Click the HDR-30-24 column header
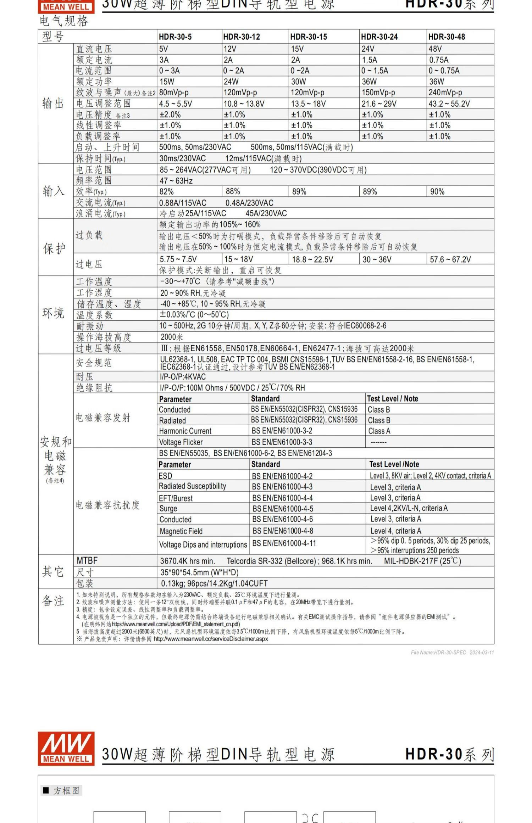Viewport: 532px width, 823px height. tap(379, 37)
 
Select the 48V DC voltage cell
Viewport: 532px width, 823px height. tap(435, 49)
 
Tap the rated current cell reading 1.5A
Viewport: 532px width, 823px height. tap(370, 60)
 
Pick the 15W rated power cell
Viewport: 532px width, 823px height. tap(167, 82)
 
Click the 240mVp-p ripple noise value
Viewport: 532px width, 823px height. tap(445, 93)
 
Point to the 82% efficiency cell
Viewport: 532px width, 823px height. tap(166, 191)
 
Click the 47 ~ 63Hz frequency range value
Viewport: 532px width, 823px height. tap(176, 180)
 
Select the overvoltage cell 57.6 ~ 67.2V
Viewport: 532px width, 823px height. tap(450, 259)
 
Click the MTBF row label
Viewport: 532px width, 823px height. tap(87, 560)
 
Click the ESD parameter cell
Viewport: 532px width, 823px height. tap(166, 476)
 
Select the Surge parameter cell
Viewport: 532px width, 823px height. tap(168, 508)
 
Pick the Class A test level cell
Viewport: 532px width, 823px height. tap(379, 431)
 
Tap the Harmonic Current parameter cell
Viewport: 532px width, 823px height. tap(185, 431)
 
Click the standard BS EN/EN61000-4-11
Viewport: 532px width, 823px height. tap(284, 543)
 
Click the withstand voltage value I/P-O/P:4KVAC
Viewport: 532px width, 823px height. tap(183, 376)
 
